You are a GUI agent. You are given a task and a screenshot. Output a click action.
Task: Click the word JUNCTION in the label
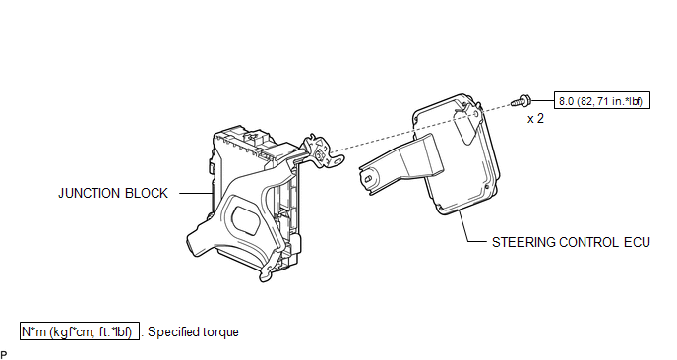(89, 193)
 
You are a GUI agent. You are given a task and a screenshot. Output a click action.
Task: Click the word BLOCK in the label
(146, 193)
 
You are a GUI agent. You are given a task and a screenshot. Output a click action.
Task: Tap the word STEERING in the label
(523, 242)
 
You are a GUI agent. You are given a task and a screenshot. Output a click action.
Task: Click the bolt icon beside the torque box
(521, 101)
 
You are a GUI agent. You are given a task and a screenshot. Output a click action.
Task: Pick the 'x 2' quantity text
(535, 119)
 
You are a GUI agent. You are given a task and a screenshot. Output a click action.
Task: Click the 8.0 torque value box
(602, 100)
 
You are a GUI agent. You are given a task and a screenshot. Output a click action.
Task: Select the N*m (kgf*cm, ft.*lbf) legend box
(80, 331)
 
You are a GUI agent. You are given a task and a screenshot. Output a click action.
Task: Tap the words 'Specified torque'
(193, 331)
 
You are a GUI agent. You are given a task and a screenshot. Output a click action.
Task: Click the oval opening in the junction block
(246, 222)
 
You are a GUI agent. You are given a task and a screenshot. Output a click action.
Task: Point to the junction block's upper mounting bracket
(322, 151)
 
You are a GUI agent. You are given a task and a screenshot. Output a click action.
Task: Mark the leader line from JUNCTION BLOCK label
(196, 193)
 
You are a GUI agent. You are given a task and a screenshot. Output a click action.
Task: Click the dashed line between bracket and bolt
(420, 128)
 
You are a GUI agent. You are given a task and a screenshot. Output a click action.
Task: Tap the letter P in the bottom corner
(4, 355)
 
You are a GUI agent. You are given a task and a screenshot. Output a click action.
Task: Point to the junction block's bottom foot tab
(267, 272)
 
